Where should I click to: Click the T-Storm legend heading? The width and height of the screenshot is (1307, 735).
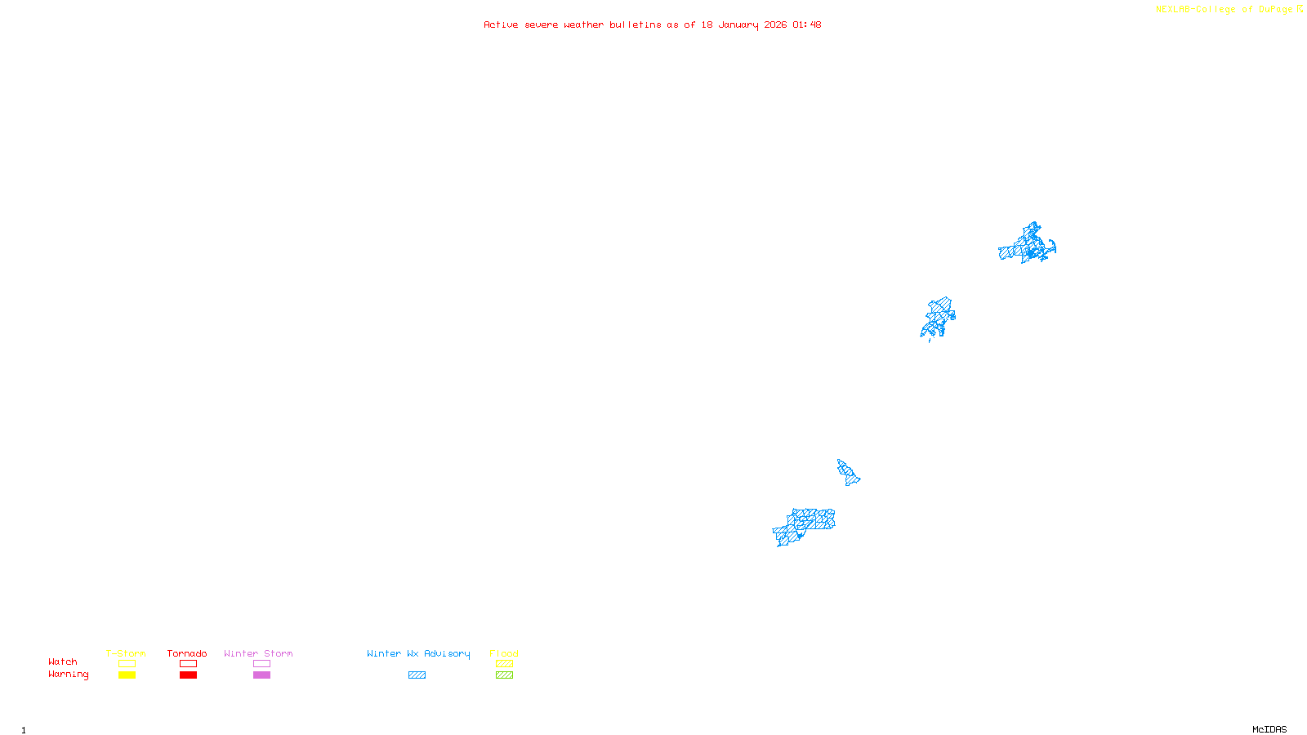pos(126,653)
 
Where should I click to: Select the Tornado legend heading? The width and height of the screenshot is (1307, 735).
pos(187,653)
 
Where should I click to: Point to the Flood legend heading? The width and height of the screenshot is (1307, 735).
pos(504,653)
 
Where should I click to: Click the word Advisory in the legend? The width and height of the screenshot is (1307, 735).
pos(447,653)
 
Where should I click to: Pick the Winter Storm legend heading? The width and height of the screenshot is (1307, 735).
pos(258,653)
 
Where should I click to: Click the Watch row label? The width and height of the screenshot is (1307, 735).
pos(63,661)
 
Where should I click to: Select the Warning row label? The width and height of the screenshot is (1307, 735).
pos(69,675)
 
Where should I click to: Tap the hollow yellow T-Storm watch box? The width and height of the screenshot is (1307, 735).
pos(127,664)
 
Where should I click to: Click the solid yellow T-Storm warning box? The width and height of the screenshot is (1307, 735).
pos(127,675)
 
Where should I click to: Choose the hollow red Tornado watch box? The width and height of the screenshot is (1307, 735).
pos(188,664)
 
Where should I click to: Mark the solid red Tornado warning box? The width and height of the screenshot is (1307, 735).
pos(188,675)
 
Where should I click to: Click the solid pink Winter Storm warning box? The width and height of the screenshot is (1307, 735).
pos(261,675)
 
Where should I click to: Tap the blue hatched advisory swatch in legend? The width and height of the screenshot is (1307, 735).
pos(417,675)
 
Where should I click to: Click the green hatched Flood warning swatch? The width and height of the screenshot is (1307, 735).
pos(504,675)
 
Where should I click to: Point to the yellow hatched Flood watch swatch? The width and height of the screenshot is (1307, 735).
pos(504,664)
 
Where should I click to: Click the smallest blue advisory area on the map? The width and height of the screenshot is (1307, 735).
pos(848,473)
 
